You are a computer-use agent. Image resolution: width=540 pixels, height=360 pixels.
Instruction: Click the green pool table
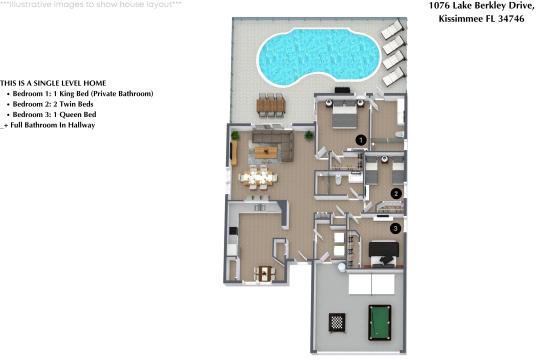(x=380, y=322)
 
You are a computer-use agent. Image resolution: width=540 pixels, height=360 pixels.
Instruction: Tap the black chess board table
(x=337, y=322)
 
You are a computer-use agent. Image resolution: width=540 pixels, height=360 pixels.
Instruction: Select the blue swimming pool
(x=319, y=56)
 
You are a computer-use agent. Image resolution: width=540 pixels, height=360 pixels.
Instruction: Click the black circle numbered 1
(x=361, y=140)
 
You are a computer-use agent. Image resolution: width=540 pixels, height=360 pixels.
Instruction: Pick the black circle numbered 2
(x=396, y=194)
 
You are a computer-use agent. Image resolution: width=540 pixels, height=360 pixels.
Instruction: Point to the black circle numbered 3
(x=395, y=228)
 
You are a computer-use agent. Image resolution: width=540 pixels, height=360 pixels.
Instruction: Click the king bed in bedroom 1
(x=344, y=115)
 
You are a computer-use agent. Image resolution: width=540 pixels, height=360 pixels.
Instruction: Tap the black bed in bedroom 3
(x=384, y=254)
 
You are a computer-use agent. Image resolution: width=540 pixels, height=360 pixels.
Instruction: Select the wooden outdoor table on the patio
(x=271, y=105)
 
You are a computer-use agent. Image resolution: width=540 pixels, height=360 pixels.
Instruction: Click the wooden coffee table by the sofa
(x=266, y=152)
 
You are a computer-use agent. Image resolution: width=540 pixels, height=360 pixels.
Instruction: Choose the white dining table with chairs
(x=258, y=178)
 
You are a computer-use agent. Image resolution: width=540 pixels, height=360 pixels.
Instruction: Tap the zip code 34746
(x=511, y=19)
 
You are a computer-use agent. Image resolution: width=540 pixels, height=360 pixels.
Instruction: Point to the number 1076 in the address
(x=439, y=6)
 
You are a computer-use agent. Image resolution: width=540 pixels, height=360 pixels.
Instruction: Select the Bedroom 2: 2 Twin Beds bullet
(x=50, y=104)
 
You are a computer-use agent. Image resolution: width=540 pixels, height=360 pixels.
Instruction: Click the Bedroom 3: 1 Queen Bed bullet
(x=51, y=115)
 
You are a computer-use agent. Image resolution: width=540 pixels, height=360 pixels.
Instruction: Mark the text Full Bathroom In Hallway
(x=53, y=125)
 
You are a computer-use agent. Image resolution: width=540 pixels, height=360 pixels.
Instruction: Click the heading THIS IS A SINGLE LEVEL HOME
(x=53, y=83)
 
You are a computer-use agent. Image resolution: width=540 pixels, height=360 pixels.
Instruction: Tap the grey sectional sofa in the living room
(x=273, y=145)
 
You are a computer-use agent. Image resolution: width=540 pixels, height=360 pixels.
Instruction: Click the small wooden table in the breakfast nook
(x=264, y=274)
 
